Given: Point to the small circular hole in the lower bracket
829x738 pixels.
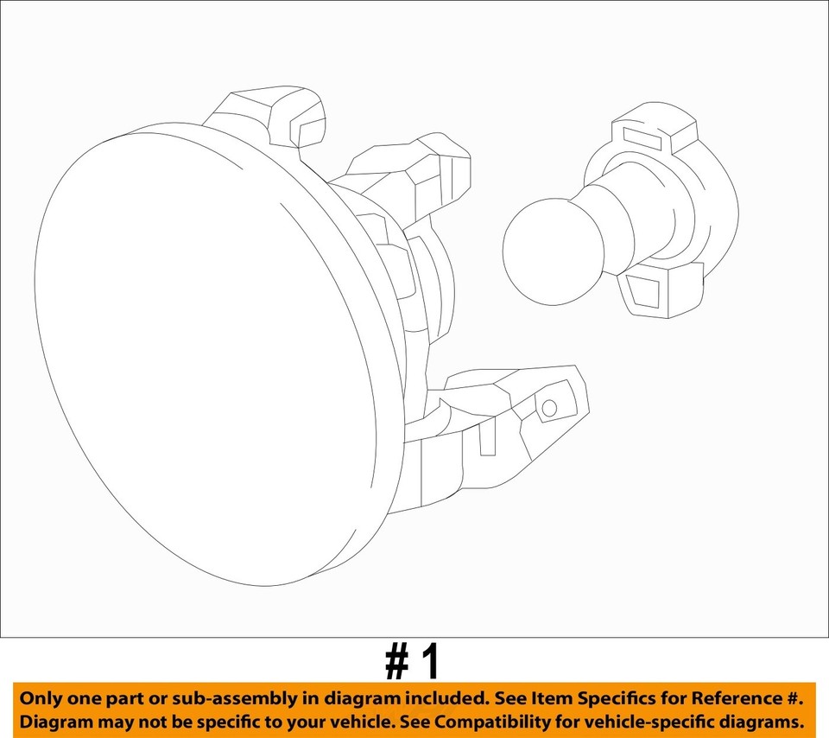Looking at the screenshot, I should pyautogui.click(x=548, y=408).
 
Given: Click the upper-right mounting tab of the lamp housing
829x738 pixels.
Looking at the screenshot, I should pyautogui.click(x=432, y=173).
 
